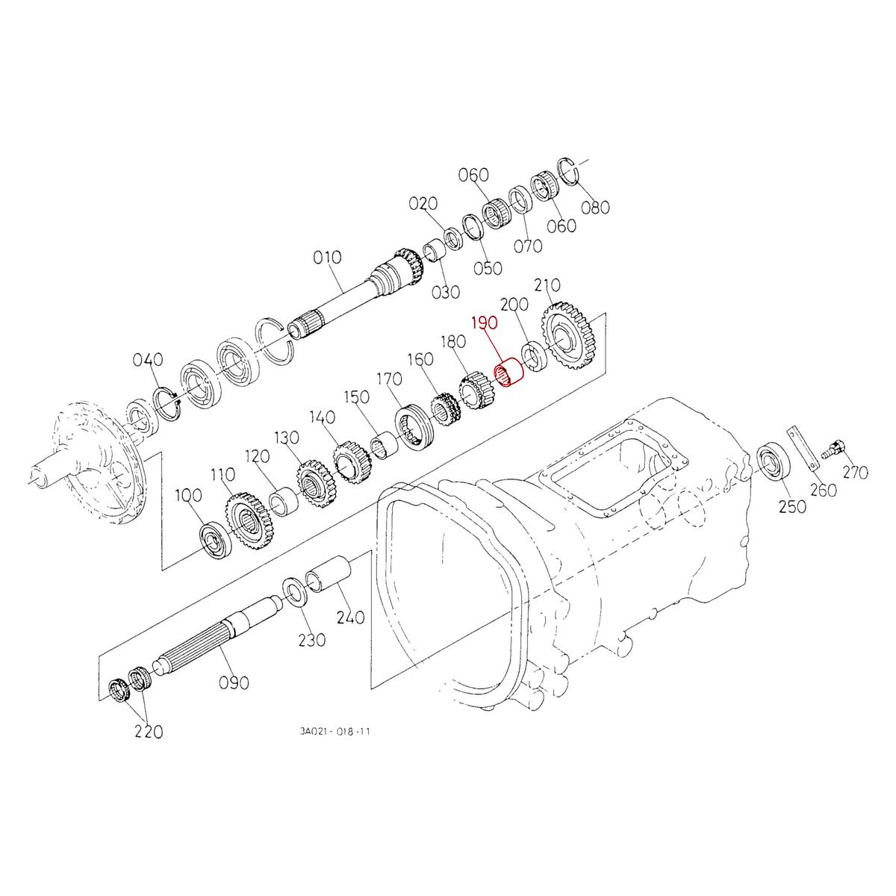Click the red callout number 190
tap(483, 324)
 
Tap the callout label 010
tap(327, 258)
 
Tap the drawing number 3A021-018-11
tap(334, 732)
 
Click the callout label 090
tap(234, 682)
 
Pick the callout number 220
tap(148, 732)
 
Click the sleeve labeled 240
tap(328, 574)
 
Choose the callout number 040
tap(148, 361)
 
